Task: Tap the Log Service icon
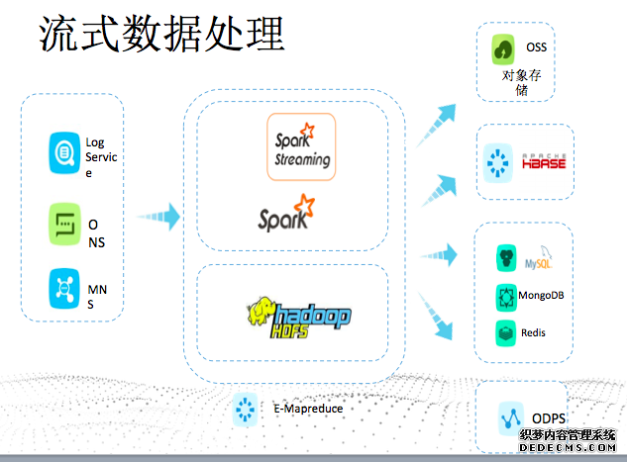64,152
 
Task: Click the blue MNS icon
64,289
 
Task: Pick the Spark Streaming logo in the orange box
301,146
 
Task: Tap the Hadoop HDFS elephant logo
298,314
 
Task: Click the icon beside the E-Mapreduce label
245,407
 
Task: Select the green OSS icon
504,48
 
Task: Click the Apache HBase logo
544,161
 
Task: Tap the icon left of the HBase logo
497,162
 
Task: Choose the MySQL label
539,263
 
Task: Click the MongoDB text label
547,296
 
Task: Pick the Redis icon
505,331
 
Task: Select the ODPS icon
512,417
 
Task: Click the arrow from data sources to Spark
158,215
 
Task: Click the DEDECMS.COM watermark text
570,448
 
